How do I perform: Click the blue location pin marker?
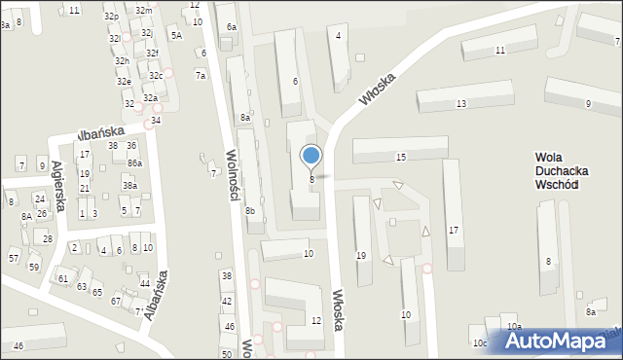pyautogui.click(x=311, y=156)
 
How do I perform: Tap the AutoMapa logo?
pyautogui.click(x=558, y=342)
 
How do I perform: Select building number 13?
pyautogui.click(x=460, y=103)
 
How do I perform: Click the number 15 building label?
pyautogui.click(x=401, y=157)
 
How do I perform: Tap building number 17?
pyautogui.click(x=453, y=230)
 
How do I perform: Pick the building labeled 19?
pyautogui.click(x=361, y=255)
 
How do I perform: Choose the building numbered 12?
pyautogui.click(x=315, y=320)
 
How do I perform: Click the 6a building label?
pyautogui.click(x=231, y=27)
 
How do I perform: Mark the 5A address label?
pyautogui.click(x=176, y=35)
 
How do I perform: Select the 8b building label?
pyautogui.click(x=250, y=211)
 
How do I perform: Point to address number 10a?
pyautogui.click(x=513, y=326)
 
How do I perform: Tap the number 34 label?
pyautogui.click(x=156, y=120)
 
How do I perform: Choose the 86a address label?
pyautogui.click(x=133, y=162)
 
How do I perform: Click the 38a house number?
pyautogui.click(x=129, y=185)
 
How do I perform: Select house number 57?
pyautogui.click(x=14, y=258)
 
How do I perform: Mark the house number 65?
pyautogui.click(x=97, y=292)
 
